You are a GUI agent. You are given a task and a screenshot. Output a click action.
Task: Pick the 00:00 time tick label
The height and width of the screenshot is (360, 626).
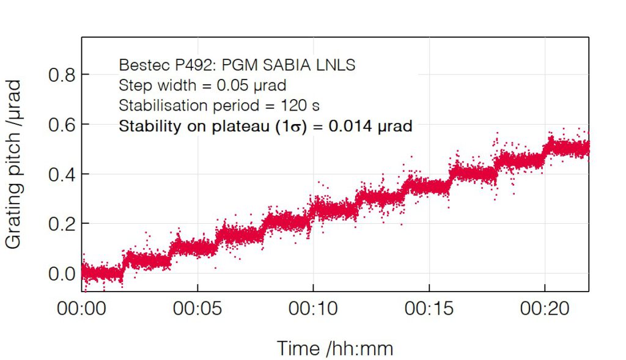[x=82, y=309]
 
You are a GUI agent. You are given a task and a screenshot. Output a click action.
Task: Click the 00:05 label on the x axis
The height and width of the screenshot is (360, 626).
[x=197, y=309]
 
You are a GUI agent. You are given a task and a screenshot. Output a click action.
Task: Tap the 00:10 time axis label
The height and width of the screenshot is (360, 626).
[x=313, y=309]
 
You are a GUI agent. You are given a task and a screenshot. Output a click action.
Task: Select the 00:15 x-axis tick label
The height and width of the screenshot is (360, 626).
[x=429, y=309]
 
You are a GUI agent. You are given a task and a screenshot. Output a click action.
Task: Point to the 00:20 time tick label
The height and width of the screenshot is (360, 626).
[x=545, y=309]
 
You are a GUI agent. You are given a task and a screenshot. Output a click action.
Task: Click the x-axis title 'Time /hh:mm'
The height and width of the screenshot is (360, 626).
[x=335, y=348]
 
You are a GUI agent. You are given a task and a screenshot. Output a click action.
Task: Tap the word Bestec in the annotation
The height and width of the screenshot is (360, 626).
[x=140, y=65]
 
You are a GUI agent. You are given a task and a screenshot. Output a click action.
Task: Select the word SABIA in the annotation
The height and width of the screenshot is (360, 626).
[x=296, y=65]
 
